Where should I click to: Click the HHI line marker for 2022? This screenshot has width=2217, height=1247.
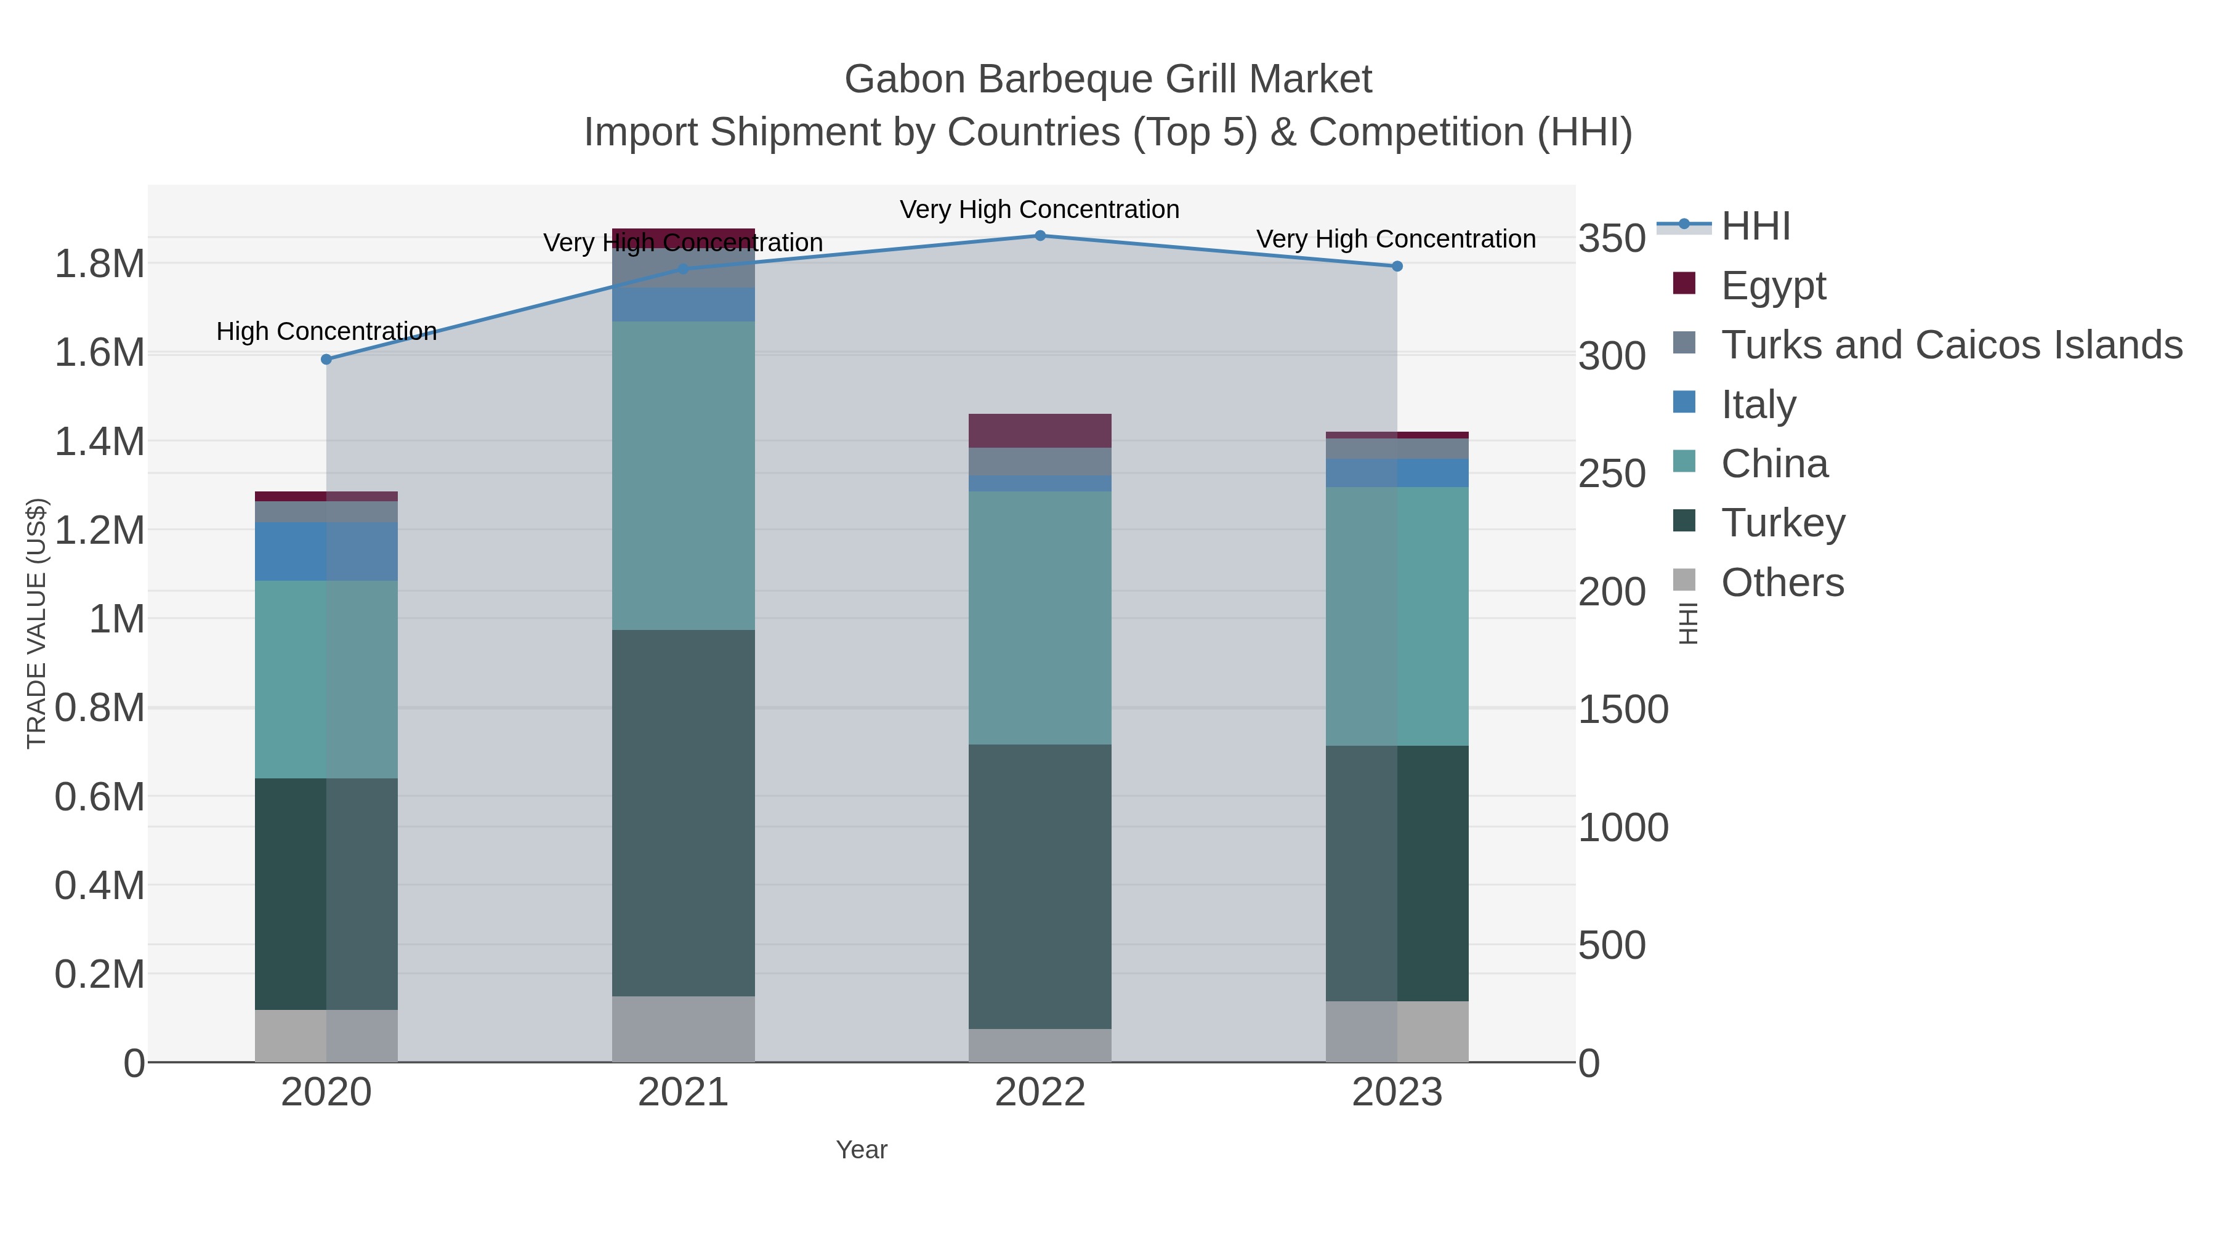pyautogui.click(x=1040, y=235)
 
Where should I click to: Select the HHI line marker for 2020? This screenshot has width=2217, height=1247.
pyautogui.click(x=326, y=359)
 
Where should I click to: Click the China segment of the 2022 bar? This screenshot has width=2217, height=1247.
pyautogui.click(x=1040, y=617)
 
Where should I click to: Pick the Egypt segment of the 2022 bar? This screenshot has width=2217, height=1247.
pyautogui.click(x=1040, y=430)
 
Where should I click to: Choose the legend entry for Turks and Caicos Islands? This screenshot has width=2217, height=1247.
pyautogui.click(x=1951, y=345)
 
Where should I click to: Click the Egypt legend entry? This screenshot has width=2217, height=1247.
pyautogui.click(x=1773, y=286)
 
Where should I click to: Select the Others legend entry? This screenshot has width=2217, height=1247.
pyautogui.click(x=1782, y=583)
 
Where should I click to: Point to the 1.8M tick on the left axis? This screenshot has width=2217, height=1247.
pyautogui.click(x=100, y=264)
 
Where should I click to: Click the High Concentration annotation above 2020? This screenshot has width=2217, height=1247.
pyautogui.click(x=326, y=331)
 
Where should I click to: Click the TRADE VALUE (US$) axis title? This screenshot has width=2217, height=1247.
pyautogui.click(x=36, y=623)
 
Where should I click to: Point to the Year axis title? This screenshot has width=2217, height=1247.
pyautogui.click(x=861, y=1150)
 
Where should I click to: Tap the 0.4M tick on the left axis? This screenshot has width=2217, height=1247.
pyautogui.click(x=100, y=886)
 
